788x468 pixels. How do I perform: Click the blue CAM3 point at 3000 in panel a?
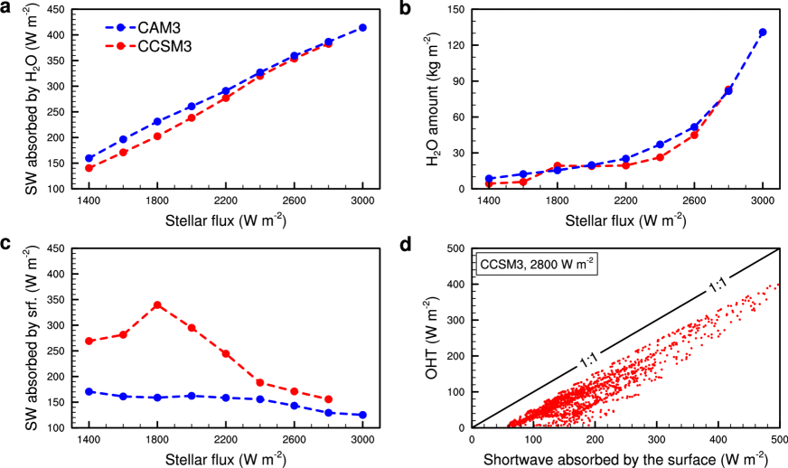[x=362, y=28]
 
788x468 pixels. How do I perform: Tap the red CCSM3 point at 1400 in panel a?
[x=89, y=168]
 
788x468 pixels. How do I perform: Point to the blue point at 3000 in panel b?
[x=763, y=33]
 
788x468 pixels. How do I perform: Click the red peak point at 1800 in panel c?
[x=157, y=304]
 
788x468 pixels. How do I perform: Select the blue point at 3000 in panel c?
[x=362, y=415]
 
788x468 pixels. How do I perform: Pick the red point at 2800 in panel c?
[x=328, y=399]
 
